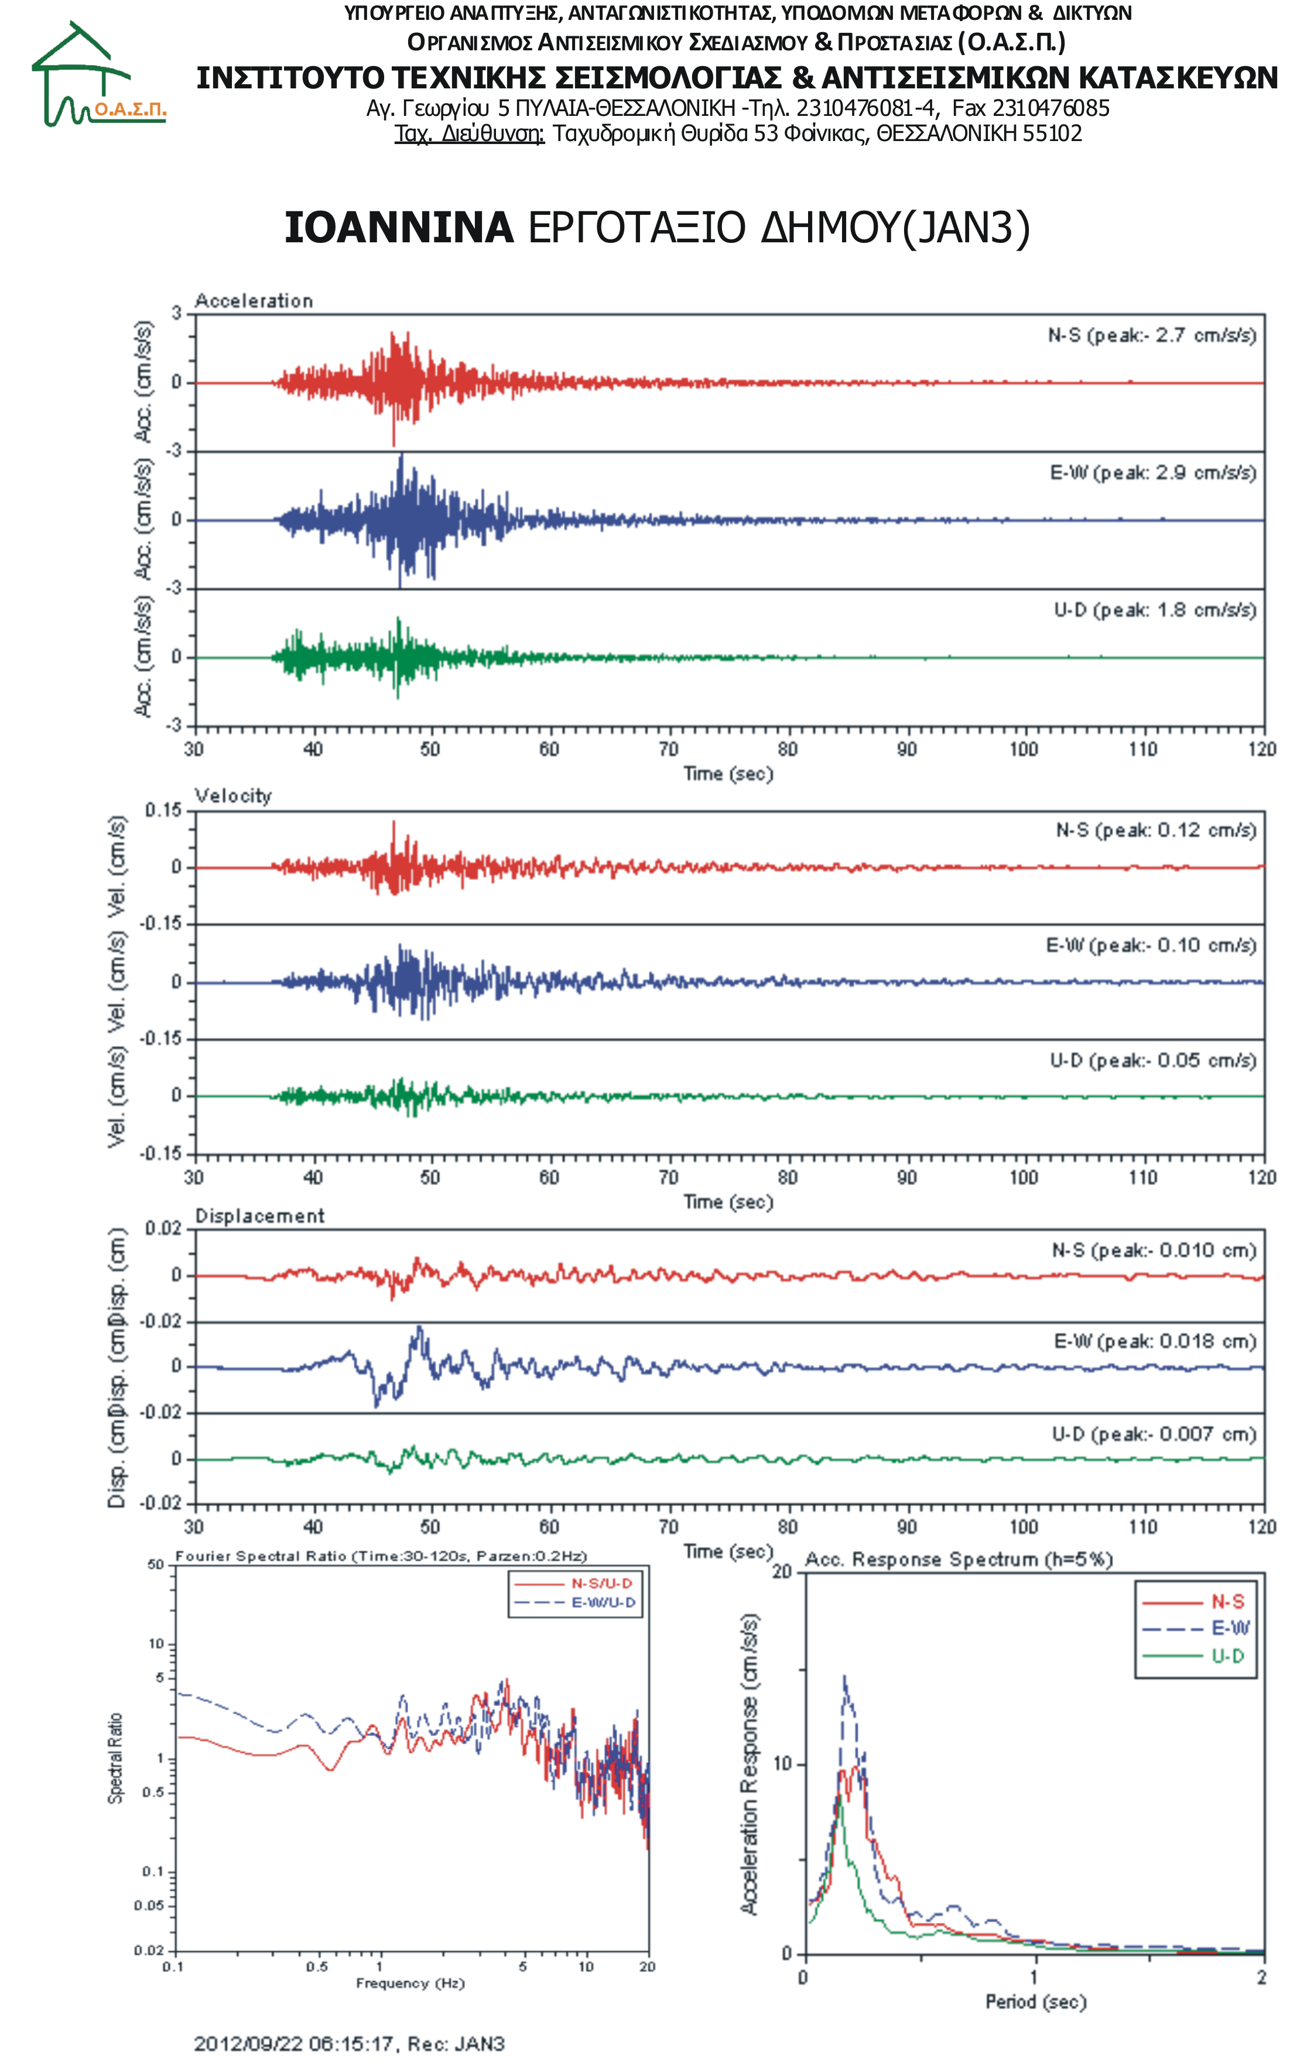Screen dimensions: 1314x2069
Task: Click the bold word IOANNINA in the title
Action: click(399, 228)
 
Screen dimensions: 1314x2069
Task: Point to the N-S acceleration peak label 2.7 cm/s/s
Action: click(1152, 335)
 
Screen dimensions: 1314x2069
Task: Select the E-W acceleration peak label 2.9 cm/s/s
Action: click(1154, 472)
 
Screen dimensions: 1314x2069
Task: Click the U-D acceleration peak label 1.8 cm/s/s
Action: click(1155, 610)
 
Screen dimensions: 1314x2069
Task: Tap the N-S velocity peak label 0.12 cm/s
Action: click(1156, 830)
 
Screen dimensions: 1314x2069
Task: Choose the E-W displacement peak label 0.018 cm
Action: click(1155, 1341)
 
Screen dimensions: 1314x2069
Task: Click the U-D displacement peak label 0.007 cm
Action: click(1154, 1434)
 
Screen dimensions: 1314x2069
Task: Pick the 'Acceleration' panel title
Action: click(254, 301)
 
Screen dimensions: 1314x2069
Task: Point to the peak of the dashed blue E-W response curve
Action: click(845, 1676)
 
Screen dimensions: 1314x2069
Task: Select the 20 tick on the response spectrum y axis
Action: click(781, 1572)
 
